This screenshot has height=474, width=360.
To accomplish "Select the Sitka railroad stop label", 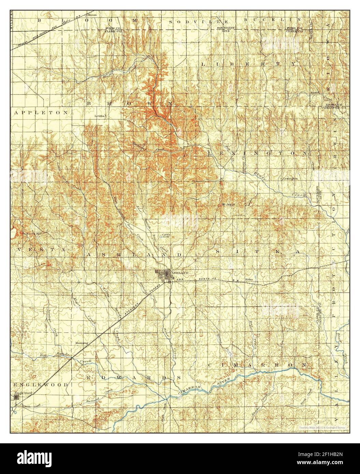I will (x=249, y=279).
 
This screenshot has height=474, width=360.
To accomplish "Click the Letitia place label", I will (x=101, y=116).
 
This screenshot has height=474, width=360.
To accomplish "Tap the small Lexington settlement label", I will (x=290, y=178).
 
